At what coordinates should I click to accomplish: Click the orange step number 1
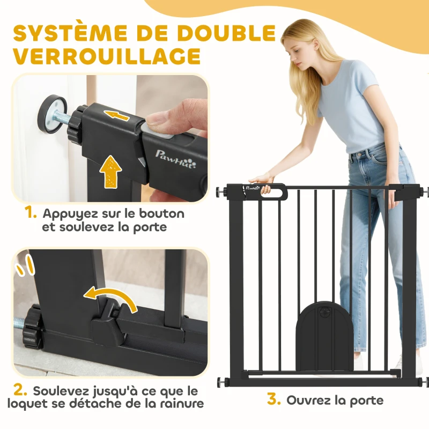coord(31,213)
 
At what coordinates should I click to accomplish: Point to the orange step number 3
coord(273,400)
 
